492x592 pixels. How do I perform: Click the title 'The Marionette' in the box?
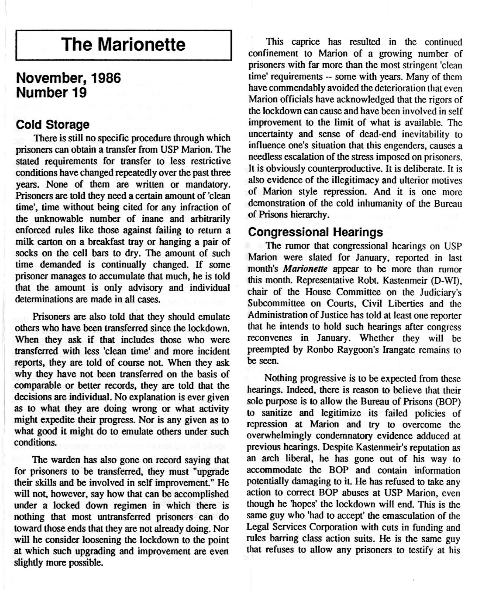(x=123, y=45)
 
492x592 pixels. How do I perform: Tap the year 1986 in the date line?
(x=106, y=78)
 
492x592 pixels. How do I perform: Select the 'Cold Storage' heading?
(x=53, y=125)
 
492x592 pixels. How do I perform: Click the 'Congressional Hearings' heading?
(x=315, y=232)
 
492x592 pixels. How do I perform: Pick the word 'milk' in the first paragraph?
(x=25, y=242)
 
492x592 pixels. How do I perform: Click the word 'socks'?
(x=24, y=253)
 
